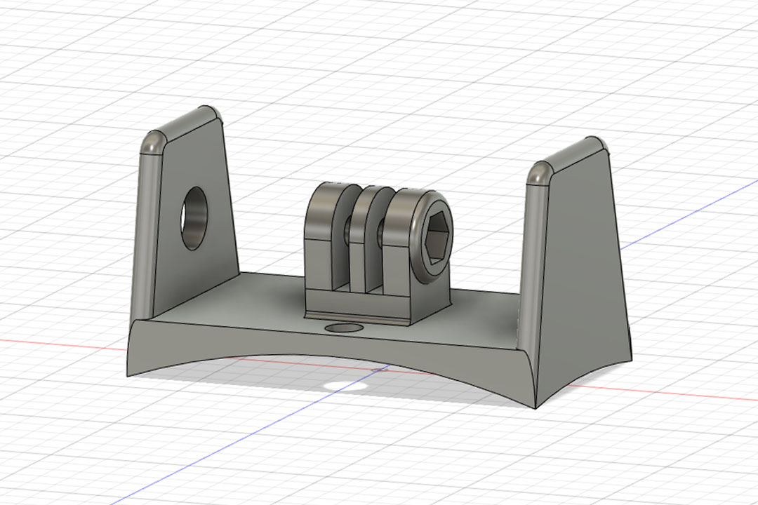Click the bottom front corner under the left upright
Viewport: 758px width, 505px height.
[x=127, y=375]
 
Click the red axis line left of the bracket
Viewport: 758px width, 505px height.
[x=63, y=343]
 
